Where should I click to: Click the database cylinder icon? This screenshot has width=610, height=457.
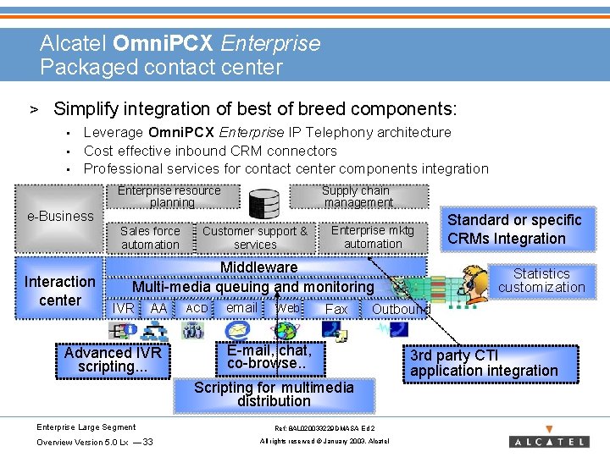pos(264,203)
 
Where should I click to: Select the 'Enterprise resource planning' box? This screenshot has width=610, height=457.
pos(170,196)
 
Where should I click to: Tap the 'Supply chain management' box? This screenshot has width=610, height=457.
pos(358,196)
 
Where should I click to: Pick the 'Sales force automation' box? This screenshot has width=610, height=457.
pos(150,237)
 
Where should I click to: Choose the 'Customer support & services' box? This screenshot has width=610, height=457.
pos(255,237)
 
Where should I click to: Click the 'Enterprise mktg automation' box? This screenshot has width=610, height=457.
pos(373,236)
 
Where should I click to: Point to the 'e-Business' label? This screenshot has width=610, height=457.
pos(60,216)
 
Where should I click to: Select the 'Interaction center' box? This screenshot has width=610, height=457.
pos(59,290)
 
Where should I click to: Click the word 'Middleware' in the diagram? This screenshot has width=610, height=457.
pos(258,267)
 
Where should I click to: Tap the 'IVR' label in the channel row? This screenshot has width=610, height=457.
pos(124,310)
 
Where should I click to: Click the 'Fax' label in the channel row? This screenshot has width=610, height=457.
pos(336,310)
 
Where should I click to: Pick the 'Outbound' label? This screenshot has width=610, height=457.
pos(401,310)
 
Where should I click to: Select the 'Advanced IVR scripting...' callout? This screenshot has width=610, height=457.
pos(112,359)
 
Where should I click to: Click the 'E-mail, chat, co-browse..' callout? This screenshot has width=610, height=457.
pos(269,356)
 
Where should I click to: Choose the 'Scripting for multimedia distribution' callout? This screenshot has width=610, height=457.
pos(274,394)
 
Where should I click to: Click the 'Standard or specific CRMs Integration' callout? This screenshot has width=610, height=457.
pos(514,229)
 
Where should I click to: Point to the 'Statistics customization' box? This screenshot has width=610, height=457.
pos(541,280)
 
